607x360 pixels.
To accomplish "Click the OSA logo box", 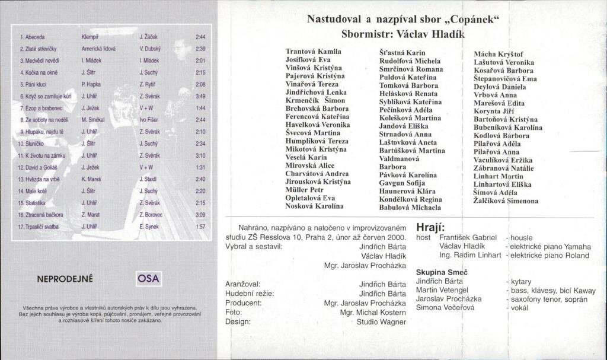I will tap(148, 278).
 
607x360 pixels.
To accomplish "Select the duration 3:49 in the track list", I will tap(200, 96).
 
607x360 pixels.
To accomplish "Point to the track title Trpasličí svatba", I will tap(38, 227).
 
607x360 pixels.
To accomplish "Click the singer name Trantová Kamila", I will tap(314, 52).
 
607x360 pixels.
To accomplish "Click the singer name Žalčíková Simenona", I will tap(506, 201).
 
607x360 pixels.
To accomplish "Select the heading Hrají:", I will tap(431, 227).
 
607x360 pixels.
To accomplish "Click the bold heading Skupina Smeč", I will tap(441, 270).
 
